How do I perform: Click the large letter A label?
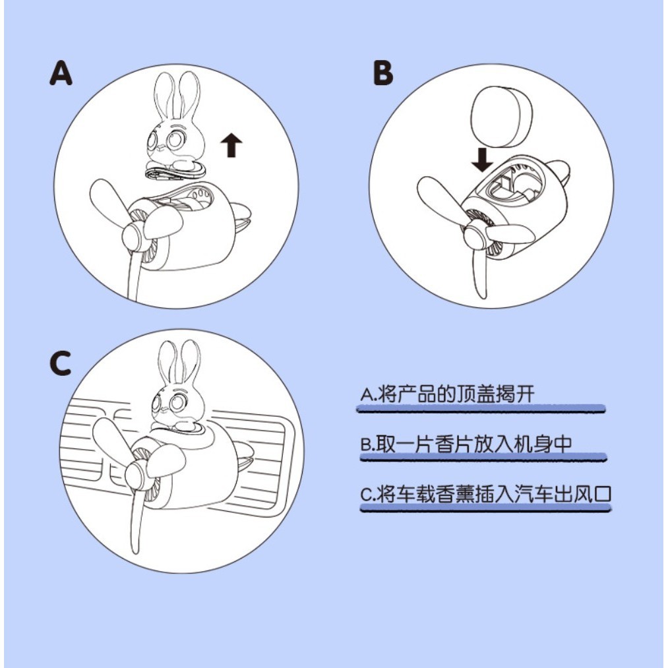point(61,73)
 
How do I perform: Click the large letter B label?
point(383,73)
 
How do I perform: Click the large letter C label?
point(60,363)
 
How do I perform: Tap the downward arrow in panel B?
point(482,160)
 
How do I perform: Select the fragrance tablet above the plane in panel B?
point(499,115)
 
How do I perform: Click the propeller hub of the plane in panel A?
point(135,237)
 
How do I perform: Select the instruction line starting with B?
point(466,444)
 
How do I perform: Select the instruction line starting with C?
point(485,494)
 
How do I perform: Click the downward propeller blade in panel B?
point(479,272)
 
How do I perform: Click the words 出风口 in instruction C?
point(583,494)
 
